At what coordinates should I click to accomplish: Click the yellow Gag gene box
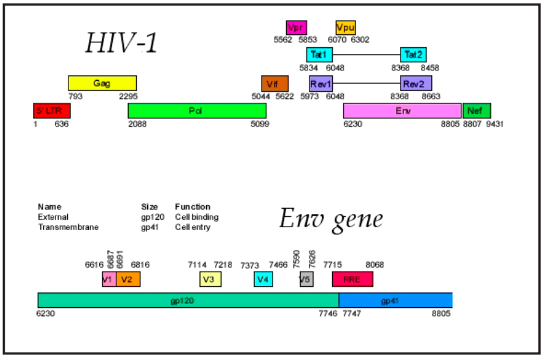[102, 83]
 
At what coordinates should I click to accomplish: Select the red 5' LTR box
[51, 111]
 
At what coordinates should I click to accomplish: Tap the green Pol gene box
[197, 111]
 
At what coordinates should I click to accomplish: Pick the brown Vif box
[275, 83]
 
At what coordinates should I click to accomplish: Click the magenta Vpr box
[296, 28]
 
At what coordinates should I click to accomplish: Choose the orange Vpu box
[345, 28]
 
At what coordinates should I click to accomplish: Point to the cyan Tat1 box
[319, 55]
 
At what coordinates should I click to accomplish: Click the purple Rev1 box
[320, 83]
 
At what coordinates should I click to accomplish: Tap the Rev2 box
[416, 83]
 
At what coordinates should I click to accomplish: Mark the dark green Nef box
[477, 111]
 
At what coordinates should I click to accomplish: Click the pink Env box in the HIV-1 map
[402, 111]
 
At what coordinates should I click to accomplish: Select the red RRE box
[352, 279]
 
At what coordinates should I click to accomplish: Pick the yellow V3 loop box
[210, 279]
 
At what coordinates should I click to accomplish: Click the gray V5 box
[306, 279]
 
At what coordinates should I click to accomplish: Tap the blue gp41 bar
[395, 300]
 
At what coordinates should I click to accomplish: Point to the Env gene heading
[331, 219]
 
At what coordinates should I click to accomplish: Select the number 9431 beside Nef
[495, 125]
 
